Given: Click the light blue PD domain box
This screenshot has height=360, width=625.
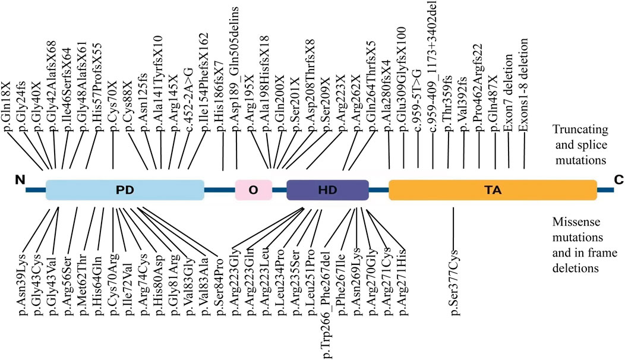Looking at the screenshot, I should coord(125,190).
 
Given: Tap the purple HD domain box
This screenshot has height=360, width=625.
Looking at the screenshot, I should coord(327,190).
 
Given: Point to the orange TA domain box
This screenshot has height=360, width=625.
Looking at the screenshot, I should coord(493,190).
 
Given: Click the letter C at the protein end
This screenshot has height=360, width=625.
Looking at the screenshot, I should coord(618,181).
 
